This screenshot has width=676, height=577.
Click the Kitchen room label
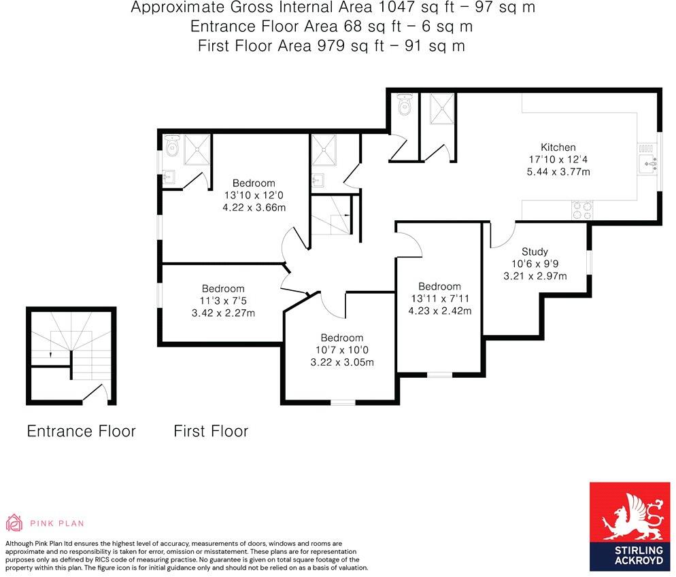(x=558, y=147)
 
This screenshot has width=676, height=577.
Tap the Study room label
(x=535, y=251)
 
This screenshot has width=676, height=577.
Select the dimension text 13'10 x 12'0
(x=254, y=195)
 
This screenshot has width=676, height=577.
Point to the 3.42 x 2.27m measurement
(x=223, y=313)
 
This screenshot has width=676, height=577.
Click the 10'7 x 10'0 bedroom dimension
(x=342, y=350)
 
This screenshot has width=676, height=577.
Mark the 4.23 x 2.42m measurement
(x=440, y=311)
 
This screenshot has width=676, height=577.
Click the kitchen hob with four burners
(x=582, y=210)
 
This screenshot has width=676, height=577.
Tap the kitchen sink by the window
(x=648, y=163)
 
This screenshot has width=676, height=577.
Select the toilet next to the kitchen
(x=405, y=104)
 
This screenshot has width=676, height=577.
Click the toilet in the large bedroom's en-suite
(x=172, y=145)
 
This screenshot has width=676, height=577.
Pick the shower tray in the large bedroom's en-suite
(x=197, y=150)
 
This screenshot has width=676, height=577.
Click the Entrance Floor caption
(x=81, y=431)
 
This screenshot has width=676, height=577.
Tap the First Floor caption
(x=211, y=431)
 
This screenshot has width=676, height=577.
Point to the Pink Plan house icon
(x=14, y=522)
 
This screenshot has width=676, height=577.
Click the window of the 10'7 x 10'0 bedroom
(x=343, y=402)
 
